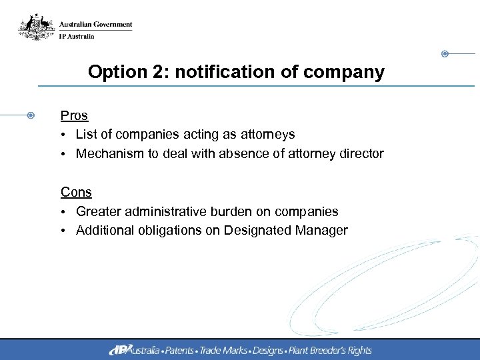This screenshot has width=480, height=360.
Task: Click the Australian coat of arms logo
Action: pyautogui.click(x=35, y=28)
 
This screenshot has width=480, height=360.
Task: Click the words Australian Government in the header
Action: pyautogui.click(x=95, y=25)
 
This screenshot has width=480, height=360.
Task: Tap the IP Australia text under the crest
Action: pyautogui.click(x=77, y=36)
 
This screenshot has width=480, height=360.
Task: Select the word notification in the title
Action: pyautogui.click(x=217, y=72)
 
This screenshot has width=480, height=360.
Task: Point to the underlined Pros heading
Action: pyautogui.click(x=74, y=115)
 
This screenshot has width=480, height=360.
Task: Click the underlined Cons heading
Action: pyautogui.click(x=76, y=192)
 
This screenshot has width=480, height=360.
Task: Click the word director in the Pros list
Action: pyautogui.click(x=361, y=154)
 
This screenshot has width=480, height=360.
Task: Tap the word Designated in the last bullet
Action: pyautogui.click(x=256, y=231)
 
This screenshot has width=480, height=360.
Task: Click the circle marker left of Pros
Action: pyautogui.click(x=31, y=115)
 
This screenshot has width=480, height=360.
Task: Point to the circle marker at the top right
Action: pyautogui.click(x=445, y=53)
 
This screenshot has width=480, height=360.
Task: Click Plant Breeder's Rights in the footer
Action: pyautogui.click(x=329, y=350)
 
